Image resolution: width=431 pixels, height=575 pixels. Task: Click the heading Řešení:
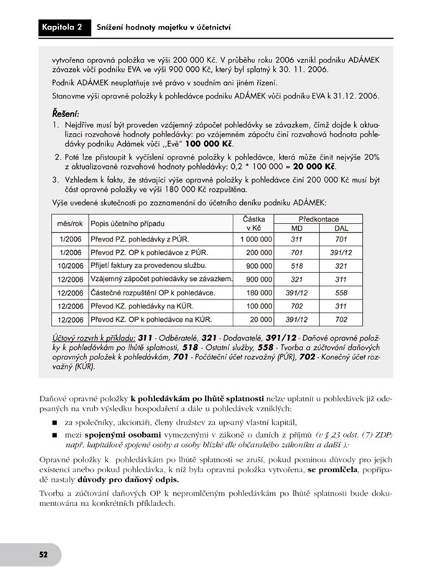point(67,114)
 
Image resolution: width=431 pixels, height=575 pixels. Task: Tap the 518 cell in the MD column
point(294,265)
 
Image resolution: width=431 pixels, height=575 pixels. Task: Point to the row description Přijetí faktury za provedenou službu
point(148,265)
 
